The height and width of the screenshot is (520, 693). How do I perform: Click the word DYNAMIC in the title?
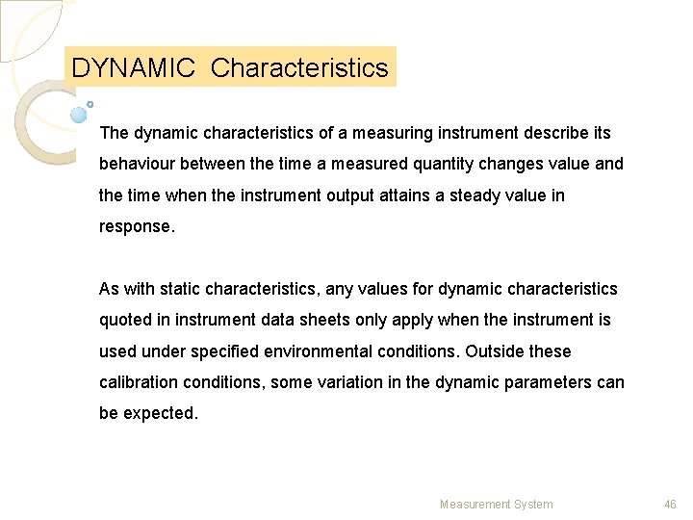[134, 68]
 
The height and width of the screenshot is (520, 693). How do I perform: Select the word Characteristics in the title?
[299, 68]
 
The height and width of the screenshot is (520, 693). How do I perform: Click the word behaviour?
[138, 165]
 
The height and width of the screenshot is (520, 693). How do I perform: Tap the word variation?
[350, 382]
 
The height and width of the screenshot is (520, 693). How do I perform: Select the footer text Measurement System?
[496, 504]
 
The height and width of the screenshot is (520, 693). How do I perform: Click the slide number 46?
[671, 504]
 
